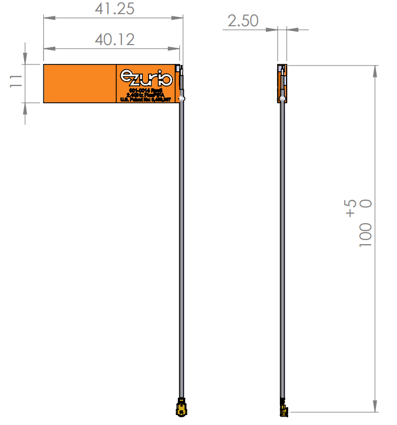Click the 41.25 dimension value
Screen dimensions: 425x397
click(x=115, y=9)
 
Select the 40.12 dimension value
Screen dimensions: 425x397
click(x=115, y=39)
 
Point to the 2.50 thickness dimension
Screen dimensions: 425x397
click(x=243, y=21)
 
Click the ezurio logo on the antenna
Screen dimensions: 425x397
click(x=146, y=78)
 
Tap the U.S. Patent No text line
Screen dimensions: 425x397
click(x=146, y=99)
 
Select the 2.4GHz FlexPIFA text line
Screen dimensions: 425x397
click(x=146, y=95)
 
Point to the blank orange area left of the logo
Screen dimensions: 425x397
click(x=79, y=83)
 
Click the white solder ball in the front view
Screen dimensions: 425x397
click(x=181, y=97)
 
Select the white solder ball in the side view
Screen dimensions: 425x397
click(x=282, y=98)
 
